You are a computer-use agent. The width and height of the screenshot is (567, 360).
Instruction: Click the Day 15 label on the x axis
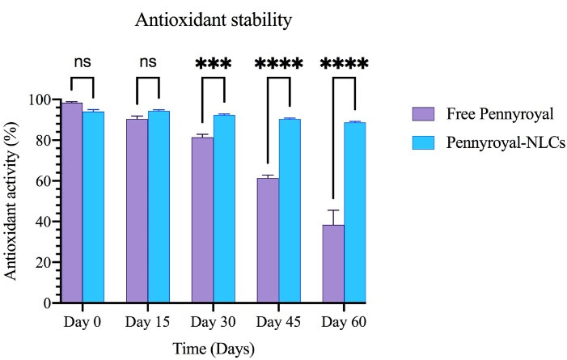(147, 323)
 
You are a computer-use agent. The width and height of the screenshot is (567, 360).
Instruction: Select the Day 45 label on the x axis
(278, 323)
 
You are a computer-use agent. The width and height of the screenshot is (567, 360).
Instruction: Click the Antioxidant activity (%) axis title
(14, 201)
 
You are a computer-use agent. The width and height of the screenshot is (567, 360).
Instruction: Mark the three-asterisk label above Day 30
(213, 64)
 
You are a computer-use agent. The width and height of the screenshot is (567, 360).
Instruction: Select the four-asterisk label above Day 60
(344, 64)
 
